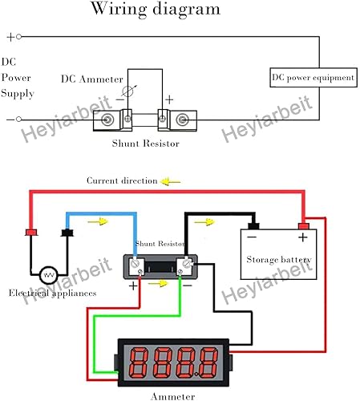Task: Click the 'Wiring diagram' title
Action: (x=156, y=10)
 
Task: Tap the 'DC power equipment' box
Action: (x=313, y=78)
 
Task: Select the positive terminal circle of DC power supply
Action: (x=18, y=37)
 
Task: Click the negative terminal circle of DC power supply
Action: (x=18, y=119)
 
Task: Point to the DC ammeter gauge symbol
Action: (x=127, y=91)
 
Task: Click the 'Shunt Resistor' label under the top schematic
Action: (x=146, y=144)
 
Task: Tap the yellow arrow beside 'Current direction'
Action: (x=171, y=182)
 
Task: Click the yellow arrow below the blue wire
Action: (x=98, y=221)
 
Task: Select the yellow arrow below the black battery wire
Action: (x=204, y=222)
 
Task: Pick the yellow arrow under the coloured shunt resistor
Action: (x=158, y=283)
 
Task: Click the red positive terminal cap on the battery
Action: (x=304, y=226)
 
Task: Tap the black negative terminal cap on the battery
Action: (x=253, y=226)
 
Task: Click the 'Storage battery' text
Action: (x=279, y=260)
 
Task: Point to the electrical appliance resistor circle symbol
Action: (x=48, y=275)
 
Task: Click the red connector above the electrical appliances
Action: (x=31, y=233)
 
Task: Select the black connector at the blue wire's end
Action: (x=67, y=233)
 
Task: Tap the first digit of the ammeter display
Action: (x=139, y=363)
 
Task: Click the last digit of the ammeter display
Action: (x=208, y=363)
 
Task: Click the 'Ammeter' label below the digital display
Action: (x=173, y=396)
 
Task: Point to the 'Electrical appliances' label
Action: (x=52, y=293)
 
